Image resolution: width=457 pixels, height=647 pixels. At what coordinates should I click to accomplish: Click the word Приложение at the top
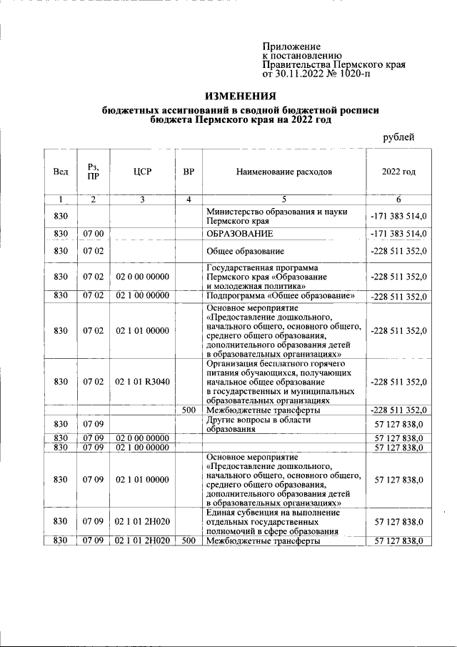(x=291, y=46)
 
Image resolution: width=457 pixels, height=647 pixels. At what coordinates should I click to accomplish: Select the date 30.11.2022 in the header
(x=300, y=74)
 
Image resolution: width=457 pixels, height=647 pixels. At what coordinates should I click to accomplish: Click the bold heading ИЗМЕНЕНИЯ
(x=240, y=97)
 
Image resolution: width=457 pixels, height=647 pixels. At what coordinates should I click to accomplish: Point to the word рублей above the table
(x=399, y=137)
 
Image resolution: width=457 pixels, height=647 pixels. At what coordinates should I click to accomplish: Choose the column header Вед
(x=61, y=172)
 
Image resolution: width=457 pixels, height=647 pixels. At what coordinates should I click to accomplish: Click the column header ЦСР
(x=142, y=172)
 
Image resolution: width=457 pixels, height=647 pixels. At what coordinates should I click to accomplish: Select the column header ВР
(x=189, y=172)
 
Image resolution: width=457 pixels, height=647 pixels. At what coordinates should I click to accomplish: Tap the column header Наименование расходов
(x=284, y=172)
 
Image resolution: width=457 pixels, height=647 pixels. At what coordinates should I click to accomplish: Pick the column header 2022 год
(x=399, y=172)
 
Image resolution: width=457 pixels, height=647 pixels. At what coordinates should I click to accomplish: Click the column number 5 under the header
(x=284, y=199)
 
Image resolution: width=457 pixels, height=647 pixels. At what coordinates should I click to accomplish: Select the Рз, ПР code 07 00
(x=94, y=234)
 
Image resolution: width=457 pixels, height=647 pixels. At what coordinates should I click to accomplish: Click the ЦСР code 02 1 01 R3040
(x=142, y=381)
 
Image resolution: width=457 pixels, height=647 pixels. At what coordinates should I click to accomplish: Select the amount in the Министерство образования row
(x=399, y=216)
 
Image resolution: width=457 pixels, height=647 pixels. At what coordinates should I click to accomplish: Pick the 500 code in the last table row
(x=189, y=541)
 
